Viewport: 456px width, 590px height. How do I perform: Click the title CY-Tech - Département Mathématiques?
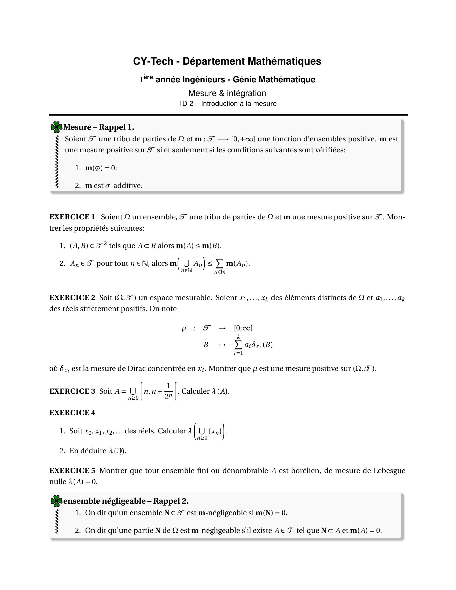pyautogui.click(x=227, y=61)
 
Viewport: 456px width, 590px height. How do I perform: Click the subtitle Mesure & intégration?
pyautogui.click(x=227, y=93)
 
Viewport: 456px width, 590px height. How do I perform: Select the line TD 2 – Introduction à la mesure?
pyautogui.click(x=227, y=104)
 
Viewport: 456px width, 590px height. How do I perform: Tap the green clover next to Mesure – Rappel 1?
pyautogui.click(x=56, y=127)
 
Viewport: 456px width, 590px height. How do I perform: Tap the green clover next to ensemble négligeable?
pyautogui.click(x=56, y=501)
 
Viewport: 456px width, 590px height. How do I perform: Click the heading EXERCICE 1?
pyautogui.click(x=72, y=217)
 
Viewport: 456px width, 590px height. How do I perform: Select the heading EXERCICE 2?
pyautogui.click(x=72, y=298)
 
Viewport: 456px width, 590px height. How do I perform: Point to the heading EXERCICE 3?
pyautogui.click(x=72, y=391)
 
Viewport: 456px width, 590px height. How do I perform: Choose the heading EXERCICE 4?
pyautogui.click(x=72, y=412)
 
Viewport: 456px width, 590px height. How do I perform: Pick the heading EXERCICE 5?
pyautogui.click(x=72, y=471)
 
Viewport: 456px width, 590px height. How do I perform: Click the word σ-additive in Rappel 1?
pyautogui.click(x=123, y=186)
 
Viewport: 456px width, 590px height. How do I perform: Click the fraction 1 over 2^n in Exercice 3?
pyautogui.click(x=168, y=391)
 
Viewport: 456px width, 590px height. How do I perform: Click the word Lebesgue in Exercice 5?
pyautogui.click(x=389, y=471)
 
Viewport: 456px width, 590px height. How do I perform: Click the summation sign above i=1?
pyautogui.click(x=238, y=345)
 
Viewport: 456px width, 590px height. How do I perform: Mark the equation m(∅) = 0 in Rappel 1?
pyautogui.click(x=101, y=168)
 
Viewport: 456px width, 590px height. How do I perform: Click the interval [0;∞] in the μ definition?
pyautogui.click(x=243, y=328)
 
